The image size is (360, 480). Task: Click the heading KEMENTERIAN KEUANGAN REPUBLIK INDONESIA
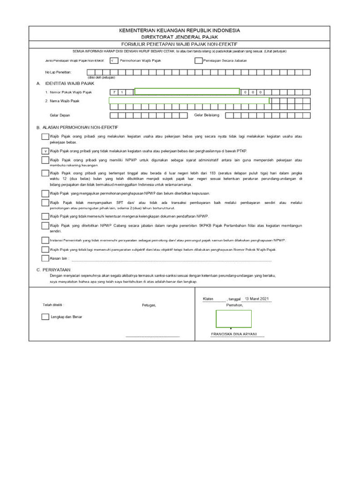[180, 30]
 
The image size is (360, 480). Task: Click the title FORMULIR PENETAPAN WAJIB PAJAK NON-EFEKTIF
[180, 44]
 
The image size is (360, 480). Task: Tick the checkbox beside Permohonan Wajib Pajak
[113, 60]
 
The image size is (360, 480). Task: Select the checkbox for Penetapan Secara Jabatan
[198, 60]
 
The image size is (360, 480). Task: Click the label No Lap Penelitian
[58, 72]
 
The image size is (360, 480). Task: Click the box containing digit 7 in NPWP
[113, 92]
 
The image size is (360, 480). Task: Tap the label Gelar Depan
[60, 115]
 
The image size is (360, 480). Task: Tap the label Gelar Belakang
[207, 115]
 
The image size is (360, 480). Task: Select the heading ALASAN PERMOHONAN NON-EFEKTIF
[80, 127]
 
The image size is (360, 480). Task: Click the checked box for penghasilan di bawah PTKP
[45, 151]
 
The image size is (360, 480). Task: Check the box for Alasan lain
[45, 258]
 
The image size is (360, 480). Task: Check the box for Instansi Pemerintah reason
[45, 240]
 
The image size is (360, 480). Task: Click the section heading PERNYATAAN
[56, 270]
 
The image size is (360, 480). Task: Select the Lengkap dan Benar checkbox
[45, 317]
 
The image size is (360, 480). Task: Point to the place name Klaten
[208, 299]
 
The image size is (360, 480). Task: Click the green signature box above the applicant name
[233, 319]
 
